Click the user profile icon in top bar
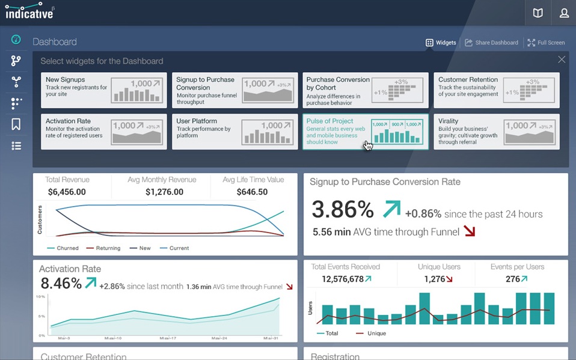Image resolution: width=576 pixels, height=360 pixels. click(x=563, y=13)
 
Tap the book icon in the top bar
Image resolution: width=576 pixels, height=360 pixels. click(x=538, y=13)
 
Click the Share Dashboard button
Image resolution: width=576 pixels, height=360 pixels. click(x=491, y=43)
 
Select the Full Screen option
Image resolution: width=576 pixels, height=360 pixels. click(x=546, y=43)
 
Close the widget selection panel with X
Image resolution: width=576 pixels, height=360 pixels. click(x=562, y=59)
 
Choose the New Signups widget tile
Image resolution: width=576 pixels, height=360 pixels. click(x=104, y=90)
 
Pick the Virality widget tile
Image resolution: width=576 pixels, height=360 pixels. click(x=497, y=132)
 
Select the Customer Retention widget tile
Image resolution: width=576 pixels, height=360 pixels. click(x=497, y=90)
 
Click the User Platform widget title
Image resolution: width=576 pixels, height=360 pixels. click(x=197, y=121)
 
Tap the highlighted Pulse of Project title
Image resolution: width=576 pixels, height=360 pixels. click(x=330, y=121)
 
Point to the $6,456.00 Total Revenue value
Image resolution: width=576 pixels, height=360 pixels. click(x=67, y=192)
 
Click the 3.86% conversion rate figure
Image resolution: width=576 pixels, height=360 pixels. click(x=343, y=209)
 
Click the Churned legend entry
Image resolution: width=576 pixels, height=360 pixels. click(x=67, y=248)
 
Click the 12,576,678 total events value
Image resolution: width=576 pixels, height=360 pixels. click(x=343, y=279)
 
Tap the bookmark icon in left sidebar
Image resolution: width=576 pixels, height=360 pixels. click(x=16, y=124)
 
